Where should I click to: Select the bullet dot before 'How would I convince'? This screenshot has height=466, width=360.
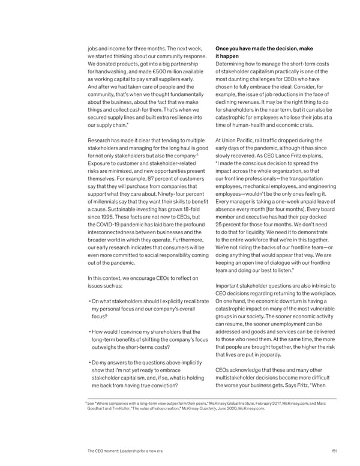pos(89,332)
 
